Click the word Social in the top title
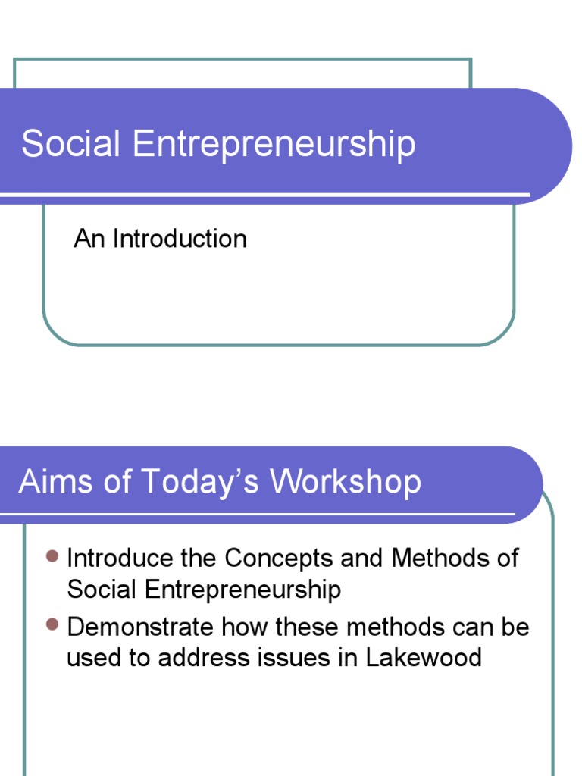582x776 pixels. click(x=70, y=143)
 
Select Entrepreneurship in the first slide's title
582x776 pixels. click(x=274, y=145)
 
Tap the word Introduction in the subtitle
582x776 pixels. click(x=180, y=239)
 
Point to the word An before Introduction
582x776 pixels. click(x=89, y=239)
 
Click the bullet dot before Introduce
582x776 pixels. click(x=52, y=558)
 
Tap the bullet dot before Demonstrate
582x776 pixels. click(x=52, y=624)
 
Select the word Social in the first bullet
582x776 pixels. click(x=102, y=589)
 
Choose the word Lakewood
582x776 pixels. click(x=424, y=657)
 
